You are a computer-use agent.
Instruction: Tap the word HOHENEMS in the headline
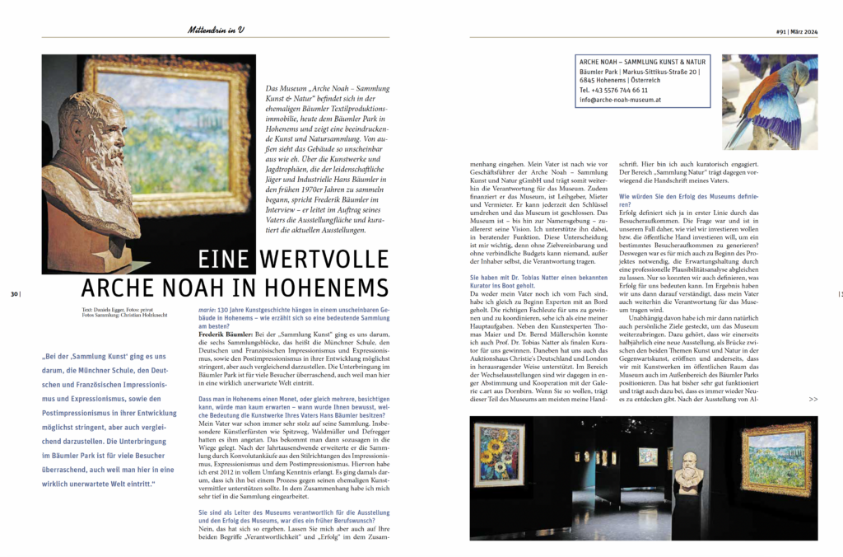(327, 288)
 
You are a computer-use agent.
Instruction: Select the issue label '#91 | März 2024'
(797, 30)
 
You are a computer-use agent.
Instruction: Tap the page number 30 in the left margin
(16, 294)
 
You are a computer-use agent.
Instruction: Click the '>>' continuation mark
(813, 399)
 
